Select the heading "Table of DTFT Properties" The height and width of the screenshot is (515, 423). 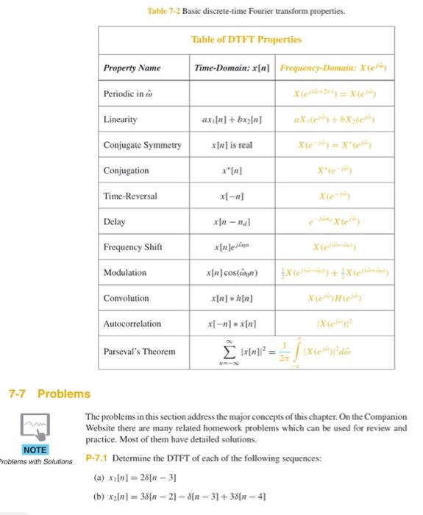246,39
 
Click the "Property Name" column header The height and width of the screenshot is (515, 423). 132,68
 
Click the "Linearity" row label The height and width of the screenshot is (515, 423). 120,118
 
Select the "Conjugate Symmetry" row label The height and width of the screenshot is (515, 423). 141,145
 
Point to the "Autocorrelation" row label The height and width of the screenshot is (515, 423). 132,324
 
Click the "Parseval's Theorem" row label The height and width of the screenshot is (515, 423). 139,351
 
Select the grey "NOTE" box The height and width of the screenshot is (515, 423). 35,450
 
